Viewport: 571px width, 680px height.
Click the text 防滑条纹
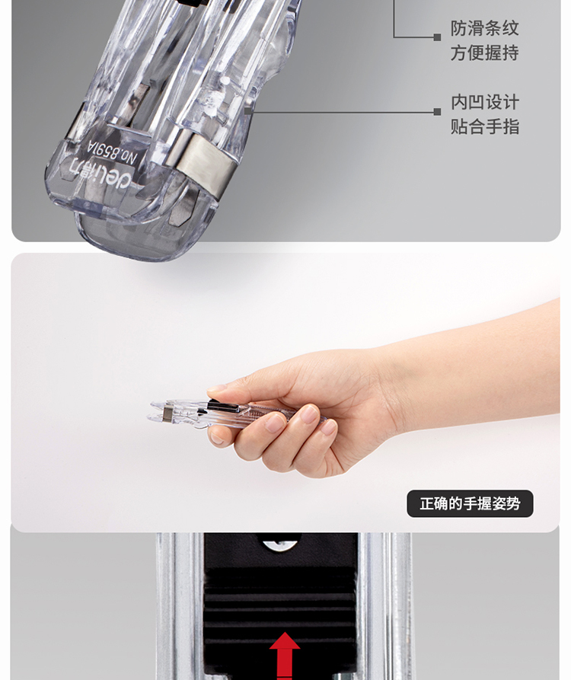pyautogui.click(x=484, y=29)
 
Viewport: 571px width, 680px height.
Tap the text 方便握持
pyautogui.click(x=484, y=53)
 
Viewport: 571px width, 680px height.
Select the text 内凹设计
pyautogui.click(x=485, y=102)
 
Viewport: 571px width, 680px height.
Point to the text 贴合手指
pyautogui.click(x=485, y=126)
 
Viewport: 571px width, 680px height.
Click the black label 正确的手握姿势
pyautogui.click(x=470, y=503)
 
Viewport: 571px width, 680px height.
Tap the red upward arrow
pyautogui.click(x=285, y=655)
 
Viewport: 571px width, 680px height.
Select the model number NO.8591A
pyautogui.click(x=112, y=152)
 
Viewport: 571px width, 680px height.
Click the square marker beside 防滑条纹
pyautogui.click(x=437, y=37)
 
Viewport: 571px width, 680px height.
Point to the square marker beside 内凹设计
pyautogui.click(x=437, y=112)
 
